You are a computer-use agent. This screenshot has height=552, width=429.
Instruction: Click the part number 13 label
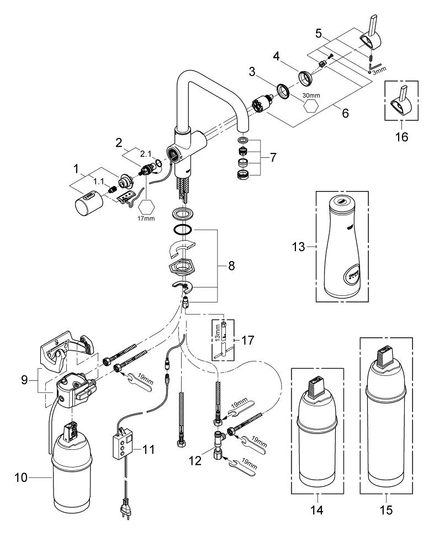click(298, 247)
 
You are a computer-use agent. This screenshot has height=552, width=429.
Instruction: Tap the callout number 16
click(401, 136)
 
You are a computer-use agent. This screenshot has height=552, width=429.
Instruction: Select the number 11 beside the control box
click(149, 449)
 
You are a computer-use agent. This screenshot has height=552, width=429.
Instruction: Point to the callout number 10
click(21, 477)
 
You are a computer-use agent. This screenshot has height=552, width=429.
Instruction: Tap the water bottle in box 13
click(342, 246)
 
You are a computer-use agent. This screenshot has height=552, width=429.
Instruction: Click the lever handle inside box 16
click(401, 100)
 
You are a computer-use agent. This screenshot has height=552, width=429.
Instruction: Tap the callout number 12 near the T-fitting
click(195, 460)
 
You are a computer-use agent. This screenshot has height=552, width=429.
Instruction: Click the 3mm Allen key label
click(379, 70)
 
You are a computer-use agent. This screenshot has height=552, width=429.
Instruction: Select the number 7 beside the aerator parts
click(273, 157)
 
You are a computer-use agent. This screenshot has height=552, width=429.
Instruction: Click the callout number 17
click(247, 341)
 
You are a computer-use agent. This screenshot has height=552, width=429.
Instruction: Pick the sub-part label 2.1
click(145, 154)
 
